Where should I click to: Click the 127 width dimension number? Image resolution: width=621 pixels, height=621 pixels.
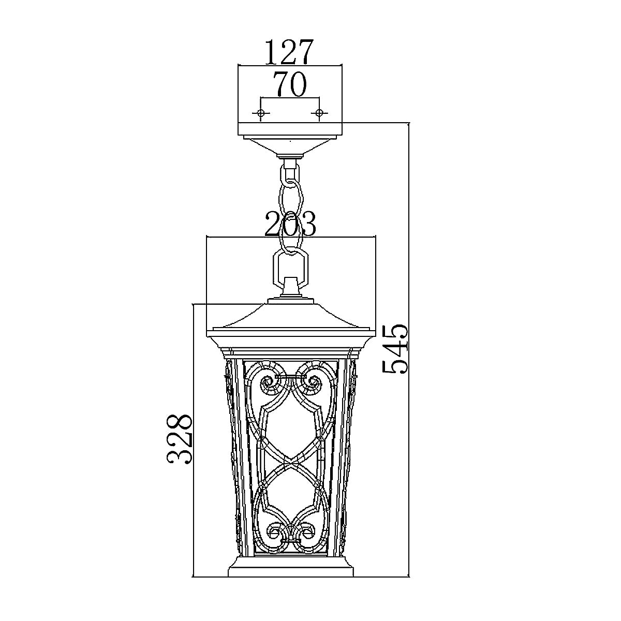coord(289,52)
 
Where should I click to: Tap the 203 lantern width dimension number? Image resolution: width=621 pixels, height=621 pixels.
coord(290,225)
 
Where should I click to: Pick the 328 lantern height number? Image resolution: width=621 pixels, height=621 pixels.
coord(181,438)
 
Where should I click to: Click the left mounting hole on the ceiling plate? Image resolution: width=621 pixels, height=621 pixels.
coord(261,113)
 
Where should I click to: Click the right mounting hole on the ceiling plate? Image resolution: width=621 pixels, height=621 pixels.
coord(319,113)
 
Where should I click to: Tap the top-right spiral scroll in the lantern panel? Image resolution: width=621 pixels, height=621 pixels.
coord(312,382)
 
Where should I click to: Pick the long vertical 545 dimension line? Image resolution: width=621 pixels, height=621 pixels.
coord(409,362)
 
